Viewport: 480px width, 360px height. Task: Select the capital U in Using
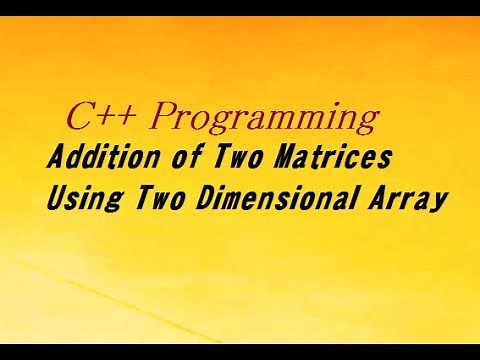(x=57, y=197)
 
